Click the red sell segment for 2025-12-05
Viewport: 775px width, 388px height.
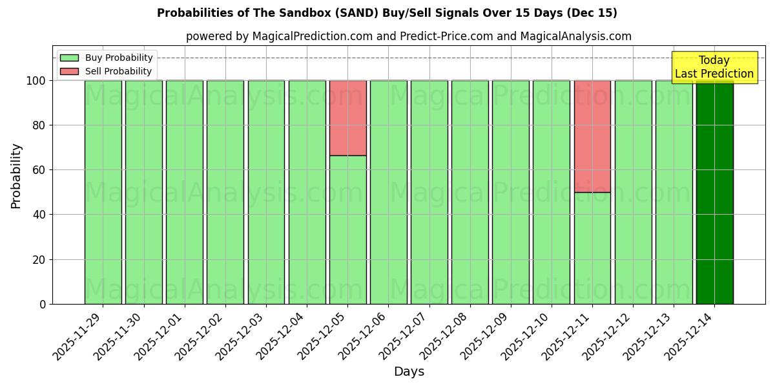click(x=347, y=118)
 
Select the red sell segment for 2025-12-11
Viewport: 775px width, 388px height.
click(x=592, y=136)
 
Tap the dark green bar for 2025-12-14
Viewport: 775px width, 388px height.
click(x=714, y=192)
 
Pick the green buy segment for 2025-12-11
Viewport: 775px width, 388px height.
click(x=592, y=248)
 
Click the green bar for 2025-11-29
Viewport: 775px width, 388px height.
click(x=103, y=192)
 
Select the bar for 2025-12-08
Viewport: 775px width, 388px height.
click(x=470, y=192)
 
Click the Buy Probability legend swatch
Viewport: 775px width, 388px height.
click(x=69, y=58)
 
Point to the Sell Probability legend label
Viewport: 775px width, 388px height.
click(x=118, y=71)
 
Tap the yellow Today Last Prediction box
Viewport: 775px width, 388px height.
click(x=714, y=67)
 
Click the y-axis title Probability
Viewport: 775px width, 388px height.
click(x=16, y=176)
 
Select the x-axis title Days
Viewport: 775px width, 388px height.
click(x=409, y=372)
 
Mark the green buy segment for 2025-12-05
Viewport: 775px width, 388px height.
click(x=347, y=230)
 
